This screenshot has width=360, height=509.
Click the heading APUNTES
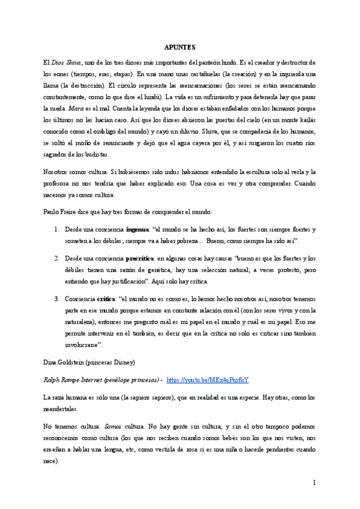click(x=181, y=46)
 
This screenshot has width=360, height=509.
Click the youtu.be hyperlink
click(x=208, y=380)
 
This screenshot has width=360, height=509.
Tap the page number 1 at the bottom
click(x=314, y=483)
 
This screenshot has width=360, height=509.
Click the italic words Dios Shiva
click(x=66, y=63)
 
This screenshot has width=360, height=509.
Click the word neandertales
click(x=61, y=409)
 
